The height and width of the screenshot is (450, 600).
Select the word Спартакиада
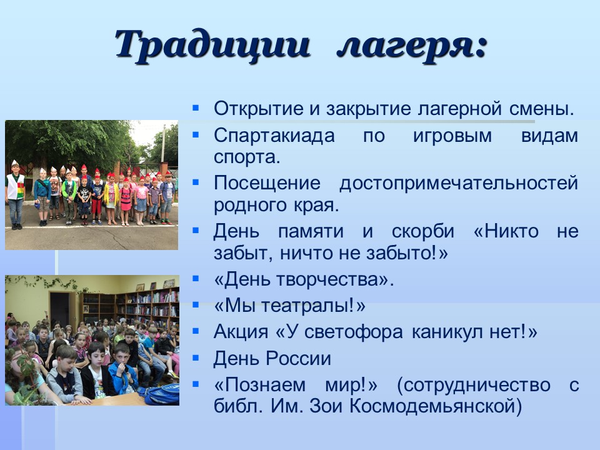point(274,136)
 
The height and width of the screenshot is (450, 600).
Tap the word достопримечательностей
point(458,184)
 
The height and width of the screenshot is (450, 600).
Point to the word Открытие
point(258,109)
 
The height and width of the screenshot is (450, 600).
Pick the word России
point(299,359)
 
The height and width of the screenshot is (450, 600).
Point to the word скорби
point(423,231)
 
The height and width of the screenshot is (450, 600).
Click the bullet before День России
point(196,357)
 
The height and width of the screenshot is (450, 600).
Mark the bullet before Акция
point(196,331)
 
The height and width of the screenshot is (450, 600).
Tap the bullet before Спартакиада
point(196,135)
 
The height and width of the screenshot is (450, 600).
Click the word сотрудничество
point(477,386)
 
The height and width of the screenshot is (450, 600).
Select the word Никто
point(512,231)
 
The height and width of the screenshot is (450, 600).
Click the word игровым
point(452,136)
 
